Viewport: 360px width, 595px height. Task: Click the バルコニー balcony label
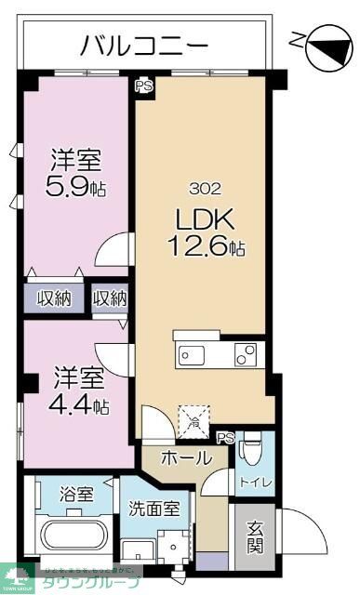click(144, 43)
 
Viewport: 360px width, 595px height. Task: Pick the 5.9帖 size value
click(75, 186)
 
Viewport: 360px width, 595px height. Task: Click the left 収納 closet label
click(55, 299)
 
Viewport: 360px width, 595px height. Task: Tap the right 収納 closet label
click(110, 299)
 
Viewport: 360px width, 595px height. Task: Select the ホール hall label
click(187, 457)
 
